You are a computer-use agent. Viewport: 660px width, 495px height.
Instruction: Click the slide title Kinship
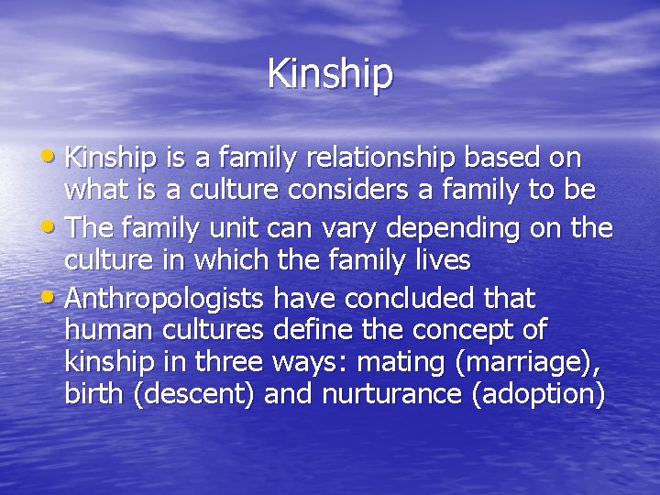point(330,73)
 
